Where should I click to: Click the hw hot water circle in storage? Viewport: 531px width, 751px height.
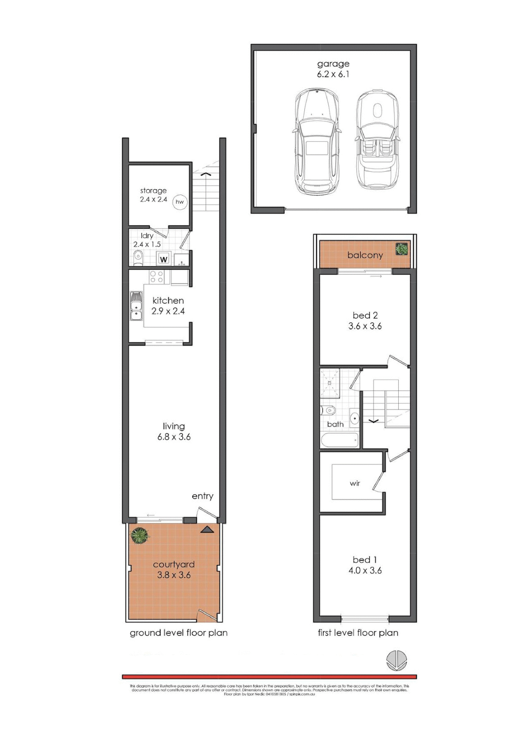click(x=180, y=202)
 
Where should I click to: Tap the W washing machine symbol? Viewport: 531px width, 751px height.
click(x=163, y=259)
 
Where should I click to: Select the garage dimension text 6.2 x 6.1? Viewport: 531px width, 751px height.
click(x=333, y=74)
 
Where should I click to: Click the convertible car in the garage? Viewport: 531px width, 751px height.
click(x=377, y=139)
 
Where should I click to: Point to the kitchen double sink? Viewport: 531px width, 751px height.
click(x=136, y=305)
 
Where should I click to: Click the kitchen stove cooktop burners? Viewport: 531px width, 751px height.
click(x=157, y=277)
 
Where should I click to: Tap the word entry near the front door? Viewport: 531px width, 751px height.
click(x=202, y=496)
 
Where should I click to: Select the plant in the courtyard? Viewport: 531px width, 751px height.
click(x=140, y=535)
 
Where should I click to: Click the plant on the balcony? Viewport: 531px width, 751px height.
click(x=401, y=249)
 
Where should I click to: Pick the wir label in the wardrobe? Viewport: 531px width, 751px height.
click(x=355, y=483)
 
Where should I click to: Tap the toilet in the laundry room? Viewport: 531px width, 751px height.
click(x=138, y=258)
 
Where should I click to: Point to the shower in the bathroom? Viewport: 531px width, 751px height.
click(x=330, y=383)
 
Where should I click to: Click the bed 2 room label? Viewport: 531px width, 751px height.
click(x=365, y=315)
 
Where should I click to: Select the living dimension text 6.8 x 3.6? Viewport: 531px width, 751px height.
click(x=174, y=437)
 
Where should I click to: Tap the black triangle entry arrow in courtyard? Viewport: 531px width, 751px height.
click(x=207, y=530)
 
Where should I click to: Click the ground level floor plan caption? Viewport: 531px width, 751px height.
click(x=178, y=633)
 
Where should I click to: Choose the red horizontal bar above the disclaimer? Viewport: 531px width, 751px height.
click(x=269, y=677)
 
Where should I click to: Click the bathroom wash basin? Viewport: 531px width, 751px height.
click(x=354, y=418)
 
